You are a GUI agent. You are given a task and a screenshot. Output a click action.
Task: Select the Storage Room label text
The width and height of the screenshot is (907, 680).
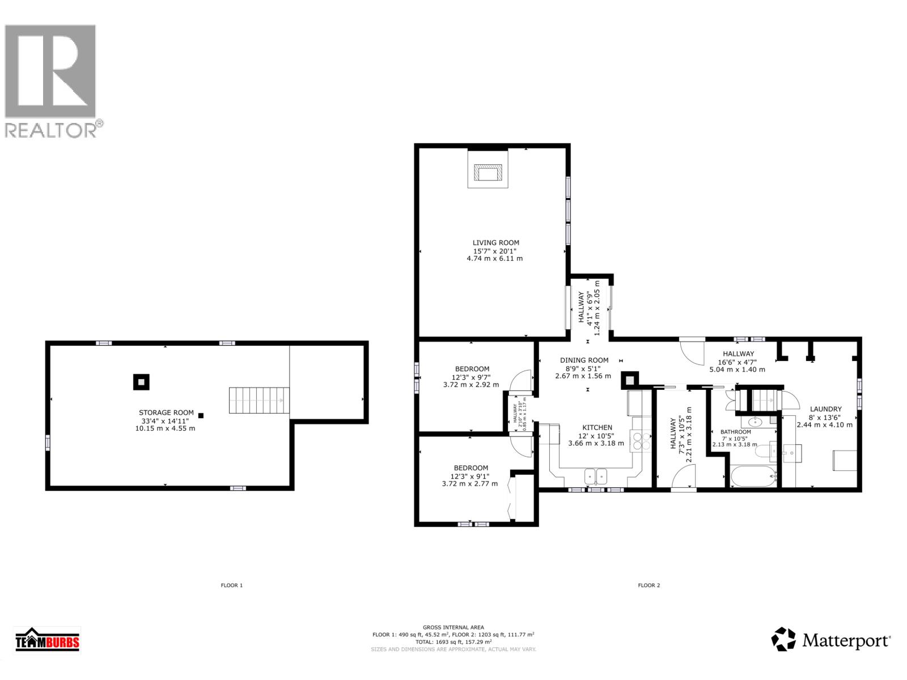coord(167,420)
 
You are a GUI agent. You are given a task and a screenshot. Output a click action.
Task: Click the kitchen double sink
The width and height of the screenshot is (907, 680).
coord(596,476)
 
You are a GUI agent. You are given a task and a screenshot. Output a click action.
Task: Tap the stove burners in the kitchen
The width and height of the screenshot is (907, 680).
coord(643,440)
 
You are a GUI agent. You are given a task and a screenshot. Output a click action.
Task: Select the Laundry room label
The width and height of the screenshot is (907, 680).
coord(825,416)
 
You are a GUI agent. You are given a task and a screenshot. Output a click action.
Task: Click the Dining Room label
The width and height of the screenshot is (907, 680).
coord(584,368)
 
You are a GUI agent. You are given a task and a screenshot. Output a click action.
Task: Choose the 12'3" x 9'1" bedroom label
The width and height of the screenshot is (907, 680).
coord(469,475)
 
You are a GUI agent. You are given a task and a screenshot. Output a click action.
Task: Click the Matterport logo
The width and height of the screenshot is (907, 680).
coord(830,640)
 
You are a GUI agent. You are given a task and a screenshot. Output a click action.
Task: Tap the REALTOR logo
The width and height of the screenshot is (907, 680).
coord(51,79)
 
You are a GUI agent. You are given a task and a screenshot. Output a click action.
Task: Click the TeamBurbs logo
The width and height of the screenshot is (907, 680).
coord(48,641)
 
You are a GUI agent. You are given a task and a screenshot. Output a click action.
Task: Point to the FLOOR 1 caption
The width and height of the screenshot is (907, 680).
coord(231,585)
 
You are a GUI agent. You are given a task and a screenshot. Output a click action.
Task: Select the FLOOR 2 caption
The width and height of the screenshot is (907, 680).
coord(649,585)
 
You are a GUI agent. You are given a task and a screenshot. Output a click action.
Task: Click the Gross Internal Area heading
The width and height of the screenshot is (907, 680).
coord(453,627)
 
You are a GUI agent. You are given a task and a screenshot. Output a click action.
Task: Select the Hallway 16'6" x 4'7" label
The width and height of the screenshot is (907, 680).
coord(738,362)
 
